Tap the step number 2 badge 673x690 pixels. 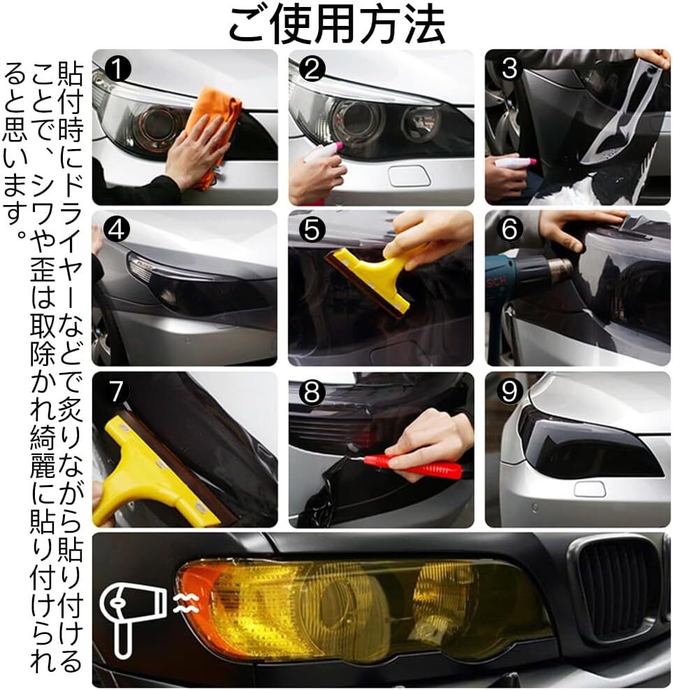pyautogui.click(x=312, y=69)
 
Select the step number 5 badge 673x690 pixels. pyautogui.click(x=312, y=230)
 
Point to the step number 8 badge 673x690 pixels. pyautogui.click(x=312, y=391)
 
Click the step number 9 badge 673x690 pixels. pyautogui.click(x=509, y=391)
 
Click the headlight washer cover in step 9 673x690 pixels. pyautogui.click(x=590, y=489)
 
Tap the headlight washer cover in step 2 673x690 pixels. pyautogui.click(x=409, y=176)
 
